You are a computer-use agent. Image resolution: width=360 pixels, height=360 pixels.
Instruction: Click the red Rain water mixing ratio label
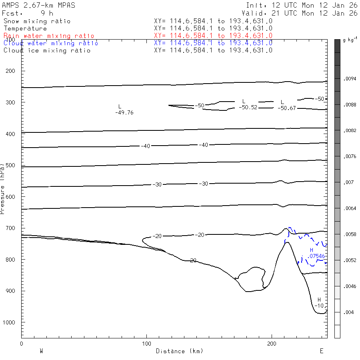coord(49,36)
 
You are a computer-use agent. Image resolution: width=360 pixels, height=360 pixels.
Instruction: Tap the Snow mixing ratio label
coord(37,21)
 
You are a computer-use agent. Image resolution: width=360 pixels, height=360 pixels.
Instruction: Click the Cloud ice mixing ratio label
coord(47,50)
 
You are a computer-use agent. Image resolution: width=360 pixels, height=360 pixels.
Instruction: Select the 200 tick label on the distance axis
coord(272,344)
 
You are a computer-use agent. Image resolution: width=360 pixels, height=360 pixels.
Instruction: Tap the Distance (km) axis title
coord(179,351)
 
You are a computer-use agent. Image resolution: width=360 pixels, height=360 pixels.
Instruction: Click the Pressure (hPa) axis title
coord(3,188)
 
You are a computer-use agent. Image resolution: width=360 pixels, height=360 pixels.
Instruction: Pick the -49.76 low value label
coord(124,113)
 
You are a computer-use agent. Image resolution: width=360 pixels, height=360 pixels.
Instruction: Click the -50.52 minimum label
coord(248,108)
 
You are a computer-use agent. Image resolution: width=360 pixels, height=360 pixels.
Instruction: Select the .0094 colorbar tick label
coord(350,79)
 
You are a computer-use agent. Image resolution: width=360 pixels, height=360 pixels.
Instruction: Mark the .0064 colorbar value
coord(350,208)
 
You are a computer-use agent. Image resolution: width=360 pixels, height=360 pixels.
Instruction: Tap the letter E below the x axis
coord(321,351)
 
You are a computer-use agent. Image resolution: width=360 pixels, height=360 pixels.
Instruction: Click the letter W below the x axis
coord(41,351)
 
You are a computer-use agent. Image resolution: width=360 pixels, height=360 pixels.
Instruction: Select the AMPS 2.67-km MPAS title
coord(38,5)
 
